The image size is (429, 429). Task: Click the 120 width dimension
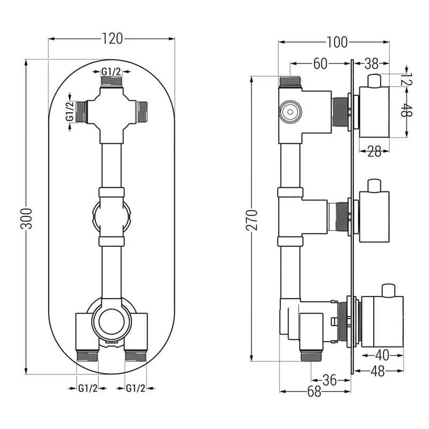pos(112,39)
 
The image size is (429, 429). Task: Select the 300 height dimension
pos(26,218)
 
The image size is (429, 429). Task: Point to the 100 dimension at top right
pos(337,42)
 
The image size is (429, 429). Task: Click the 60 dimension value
pos(320,64)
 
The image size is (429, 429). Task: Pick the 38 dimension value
pos(372,64)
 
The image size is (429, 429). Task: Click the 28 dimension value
pos(374,151)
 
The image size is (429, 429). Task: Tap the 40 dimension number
pos(382,355)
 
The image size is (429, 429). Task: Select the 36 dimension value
pos(330,380)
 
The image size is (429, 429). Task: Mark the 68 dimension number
pos(314,391)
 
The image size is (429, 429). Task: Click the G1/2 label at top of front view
pos(111,72)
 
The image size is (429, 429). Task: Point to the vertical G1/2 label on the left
pos(70,112)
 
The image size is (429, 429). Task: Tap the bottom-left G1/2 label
pos(88,388)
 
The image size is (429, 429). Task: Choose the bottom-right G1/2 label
pos(136,388)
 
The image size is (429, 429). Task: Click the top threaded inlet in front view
pos(112,82)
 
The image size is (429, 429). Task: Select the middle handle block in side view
pos(374,217)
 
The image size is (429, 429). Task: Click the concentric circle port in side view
pos(290,112)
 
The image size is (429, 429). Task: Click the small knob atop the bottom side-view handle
pos(389,291)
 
